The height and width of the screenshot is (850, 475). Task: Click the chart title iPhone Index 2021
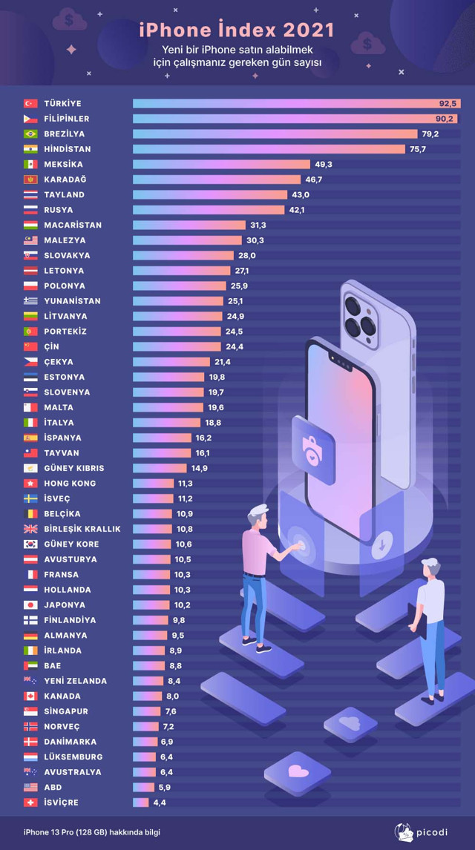coord(237,30)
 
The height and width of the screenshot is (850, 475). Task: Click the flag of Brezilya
coord(30,134)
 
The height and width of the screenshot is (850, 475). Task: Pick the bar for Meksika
coord(221,164)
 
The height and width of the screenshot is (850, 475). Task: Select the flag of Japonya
coord(30,604)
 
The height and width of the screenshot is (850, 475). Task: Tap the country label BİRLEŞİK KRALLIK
coord(82,529)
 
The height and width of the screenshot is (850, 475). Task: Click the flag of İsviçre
coord(30,803)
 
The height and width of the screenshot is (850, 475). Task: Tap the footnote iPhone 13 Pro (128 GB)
coord(91,832)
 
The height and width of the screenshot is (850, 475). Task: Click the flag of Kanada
coord(30,696)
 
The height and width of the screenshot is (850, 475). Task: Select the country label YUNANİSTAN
coord(72,301)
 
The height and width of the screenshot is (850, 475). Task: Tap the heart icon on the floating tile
coord(298,771)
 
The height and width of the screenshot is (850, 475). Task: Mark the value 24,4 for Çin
coord(232,346)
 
